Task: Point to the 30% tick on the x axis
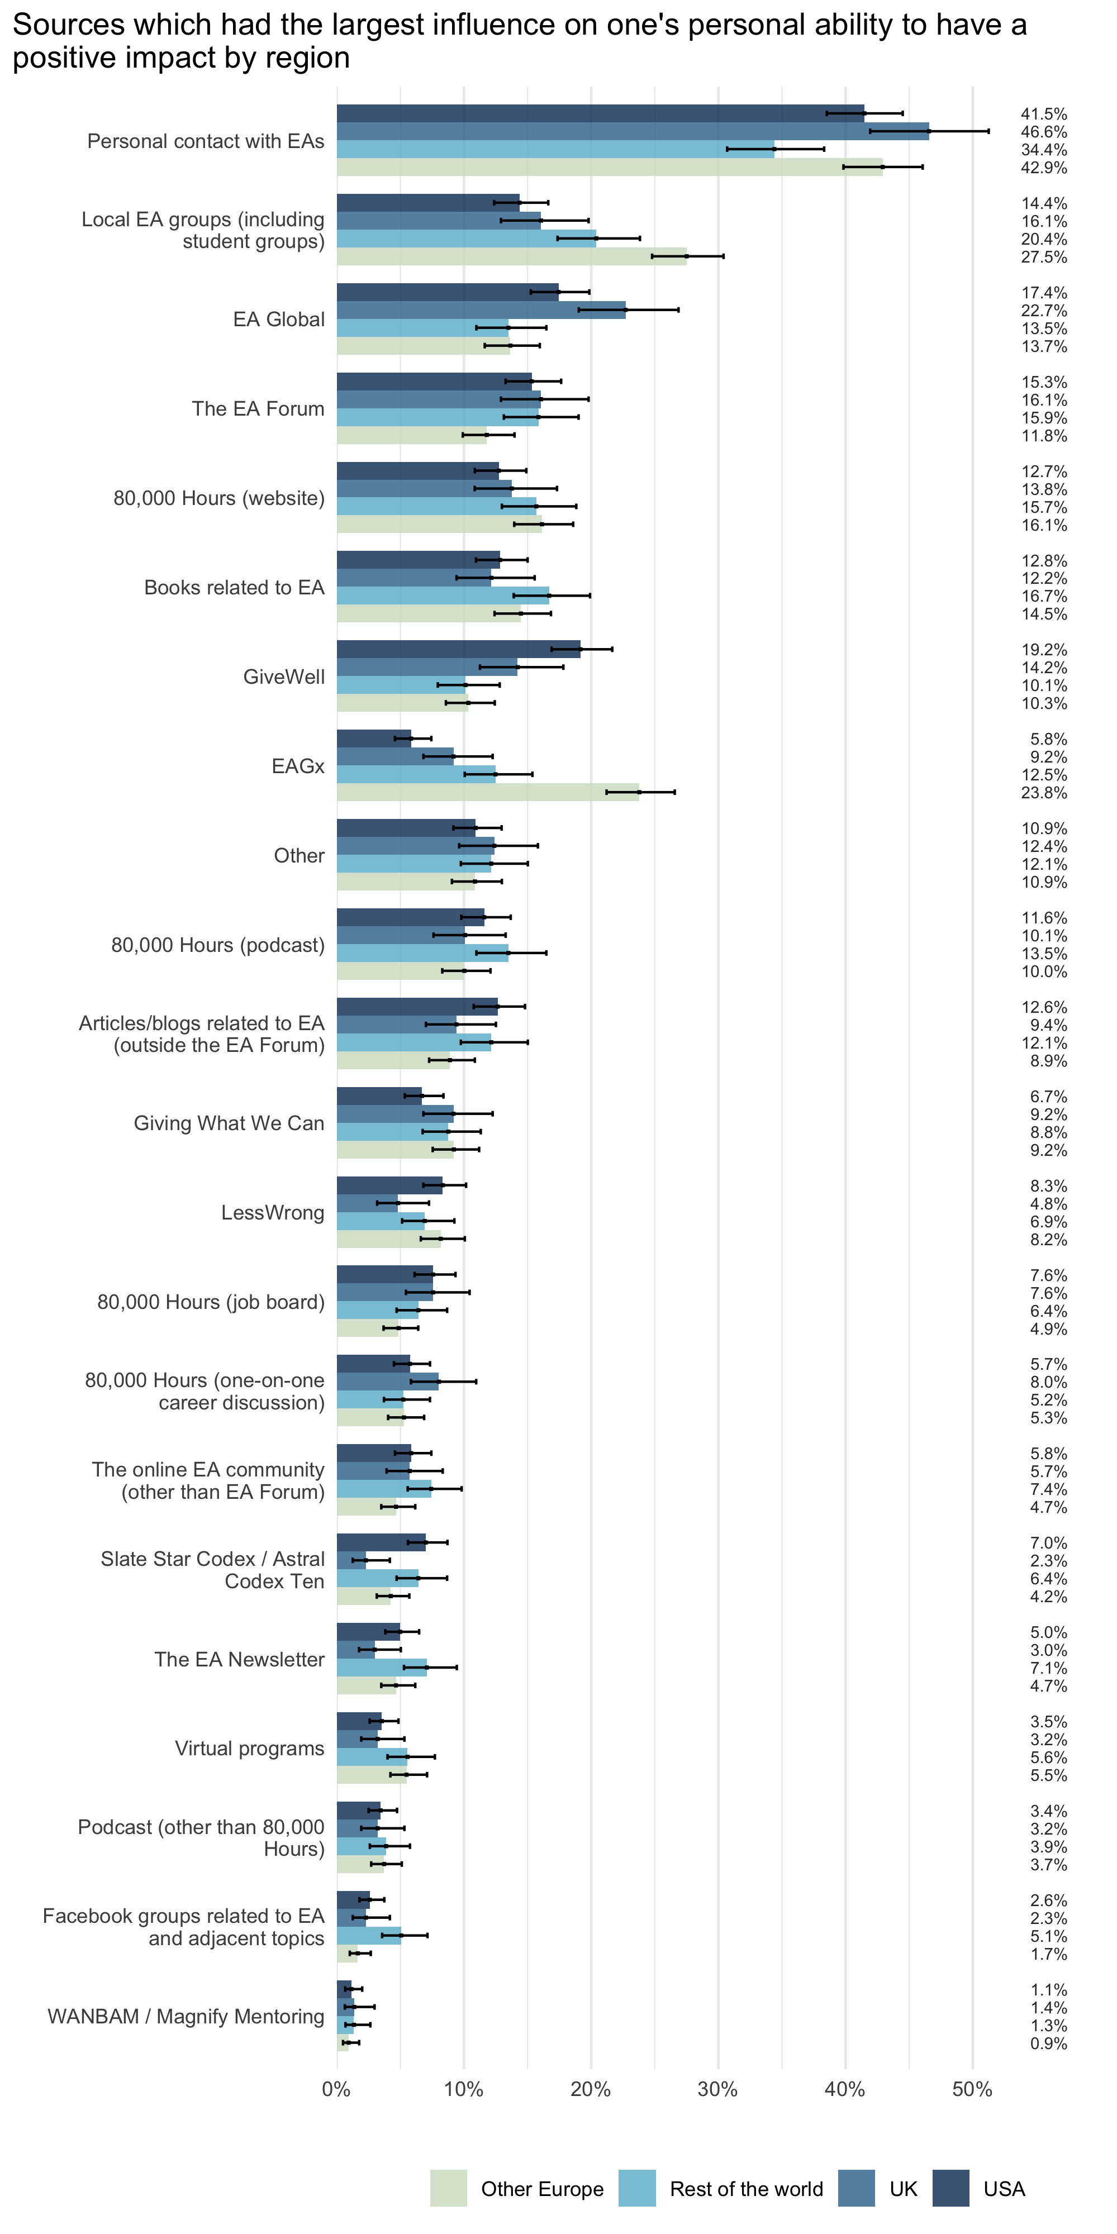click(718, 2090)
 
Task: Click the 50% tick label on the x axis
click(972, 2090)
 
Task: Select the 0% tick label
click(336, 2090)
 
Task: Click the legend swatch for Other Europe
click(448, 2188)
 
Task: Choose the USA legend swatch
click(950, 2188)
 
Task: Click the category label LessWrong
click(272, 1212)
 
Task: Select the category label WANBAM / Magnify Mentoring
click(186, 2016)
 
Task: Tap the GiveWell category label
click(284, 677)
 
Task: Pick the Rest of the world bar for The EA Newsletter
click(382, 1668)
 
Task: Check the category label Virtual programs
click(250, 1749)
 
